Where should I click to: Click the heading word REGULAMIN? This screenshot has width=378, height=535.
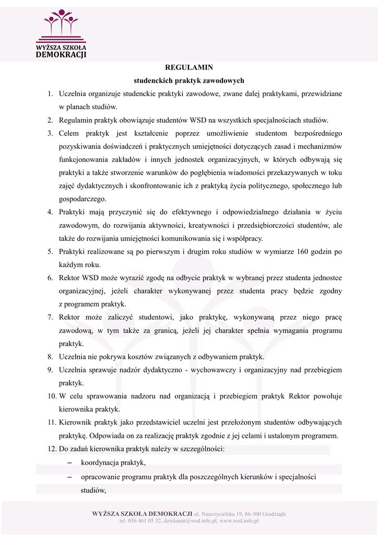click(189, 67)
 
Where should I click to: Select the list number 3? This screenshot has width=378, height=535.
click(51, 133)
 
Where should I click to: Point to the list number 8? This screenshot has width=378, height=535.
click(51, 357)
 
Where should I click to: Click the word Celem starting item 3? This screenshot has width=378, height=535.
click(69, 133)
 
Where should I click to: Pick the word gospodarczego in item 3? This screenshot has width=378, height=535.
click(82, 199)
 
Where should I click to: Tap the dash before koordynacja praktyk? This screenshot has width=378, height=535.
click(69, 463)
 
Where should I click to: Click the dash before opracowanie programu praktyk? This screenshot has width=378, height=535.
click(69, 477)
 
